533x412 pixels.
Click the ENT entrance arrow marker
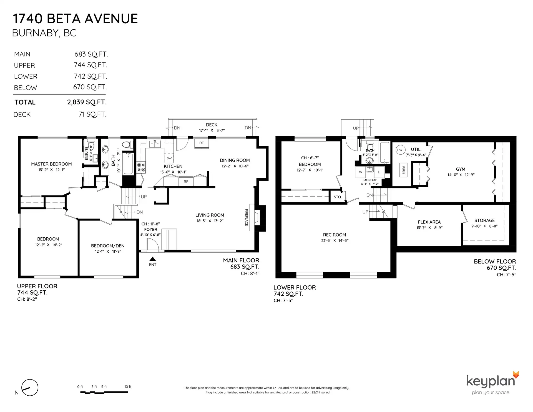tap(152, 259)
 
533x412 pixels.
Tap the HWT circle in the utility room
tap(400, 150)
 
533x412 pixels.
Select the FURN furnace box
tap(403, 170)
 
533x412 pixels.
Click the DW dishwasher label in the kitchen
tap(169, 158)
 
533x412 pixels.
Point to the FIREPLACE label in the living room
tap(246, 217)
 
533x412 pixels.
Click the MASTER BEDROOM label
tap(51, 164)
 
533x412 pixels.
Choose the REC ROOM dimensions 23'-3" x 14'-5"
tap(335, 241)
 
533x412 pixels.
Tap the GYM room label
tap(460, 169)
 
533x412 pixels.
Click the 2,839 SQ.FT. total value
tap(87, 102)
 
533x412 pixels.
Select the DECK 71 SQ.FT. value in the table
tap(92, 114)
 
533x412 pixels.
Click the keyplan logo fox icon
tap(516, 375)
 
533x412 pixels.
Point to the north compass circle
tap(30, 388)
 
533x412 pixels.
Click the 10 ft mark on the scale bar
tap(128, 387)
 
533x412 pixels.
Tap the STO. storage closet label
tap(338, 197)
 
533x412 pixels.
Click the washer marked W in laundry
tap(361, 172)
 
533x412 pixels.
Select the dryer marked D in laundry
tap(379, 172)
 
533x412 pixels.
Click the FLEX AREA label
tap(429, 222)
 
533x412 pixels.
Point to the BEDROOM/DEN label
tap(108, 246)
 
